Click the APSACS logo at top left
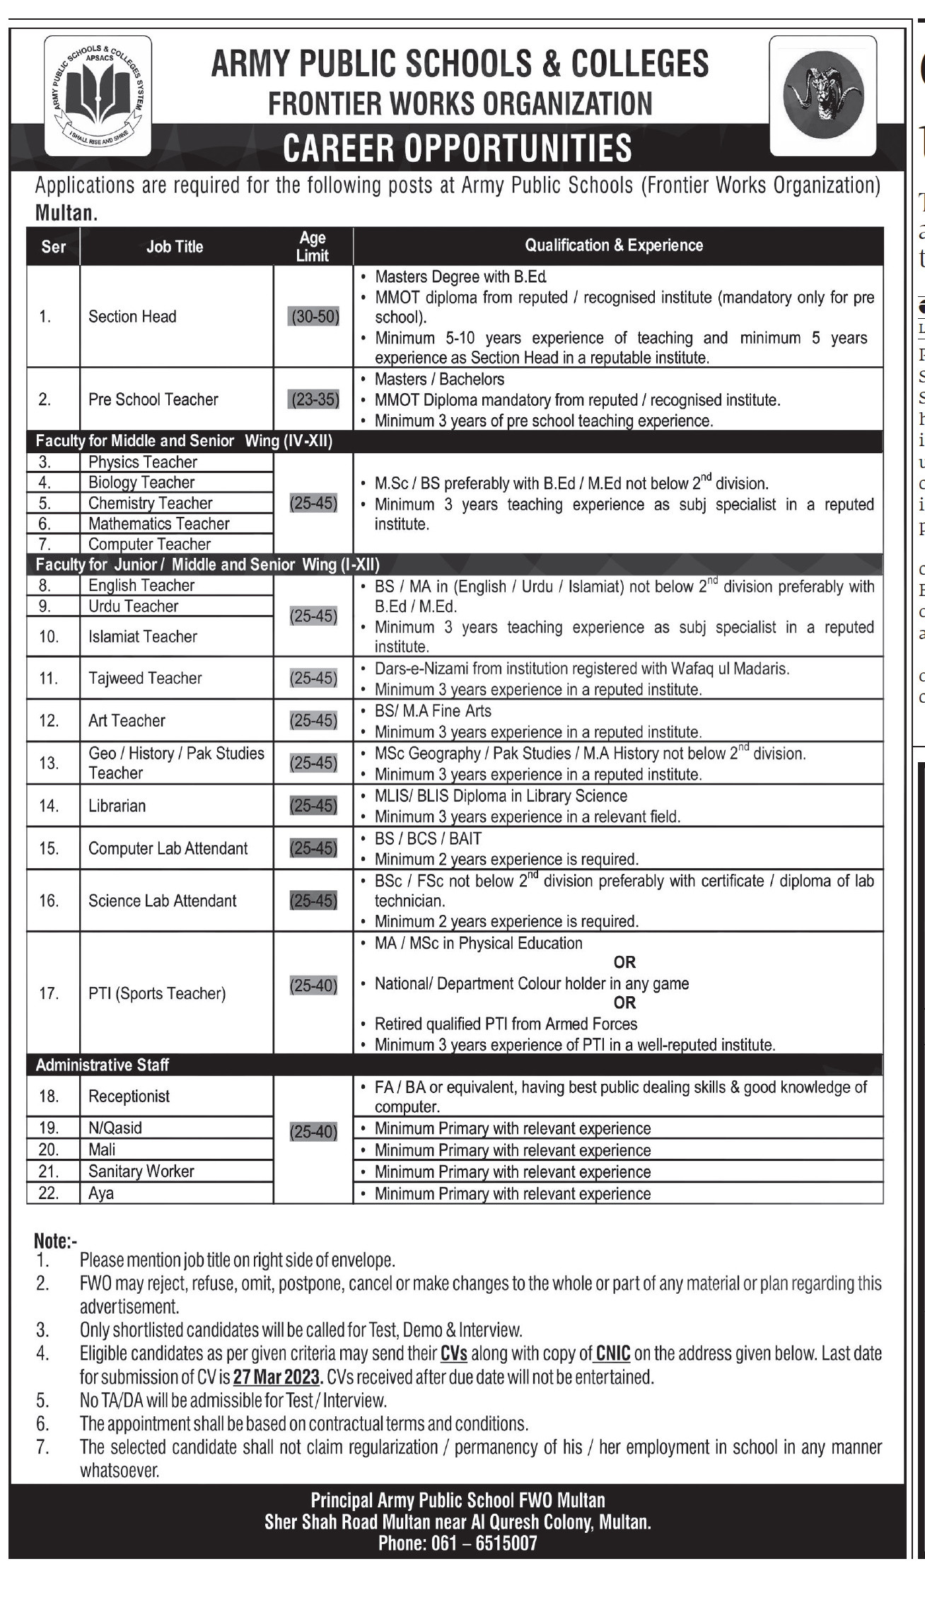click(x=98, y=96)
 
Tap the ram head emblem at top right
click(x=823, y=97)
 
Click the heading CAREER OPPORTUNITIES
click(x=458, y=148)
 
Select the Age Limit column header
click(x=313, y=246)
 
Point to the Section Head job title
click(x=132, y=317)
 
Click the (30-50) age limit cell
click(x=313, y=317)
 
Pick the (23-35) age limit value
click(x=313, y=399)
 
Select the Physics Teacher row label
click(x=142, y=462)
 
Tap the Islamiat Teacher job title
click(x=142, y=636)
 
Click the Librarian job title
click(x=117, y=806)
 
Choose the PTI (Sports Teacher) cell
click(x=156, y=993)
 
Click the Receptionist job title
click(x=129, y=1096)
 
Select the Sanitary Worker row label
click(x=141, y=1172)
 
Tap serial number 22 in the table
click(x=48, y=1193)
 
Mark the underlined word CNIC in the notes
click(x=613, y=1354)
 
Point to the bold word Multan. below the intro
click(x=66, y=213)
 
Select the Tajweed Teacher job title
click(x=145, y=678)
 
